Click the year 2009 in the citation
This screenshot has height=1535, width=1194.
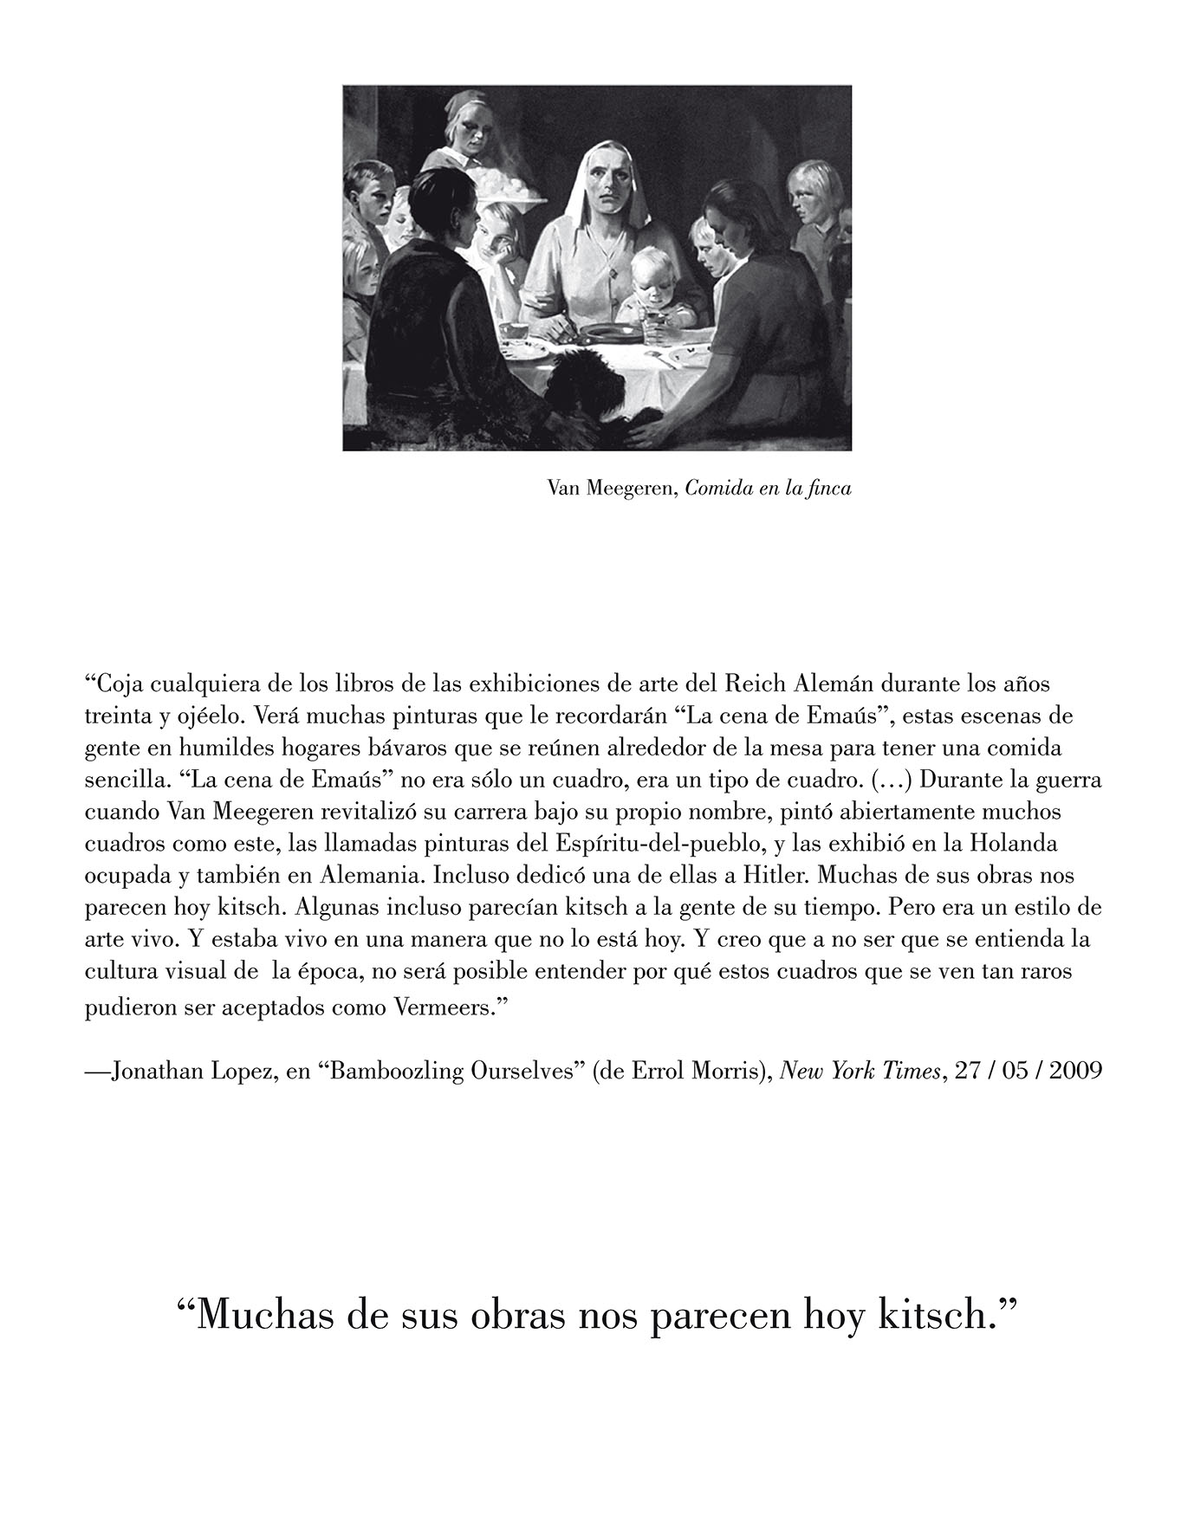1076,1071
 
